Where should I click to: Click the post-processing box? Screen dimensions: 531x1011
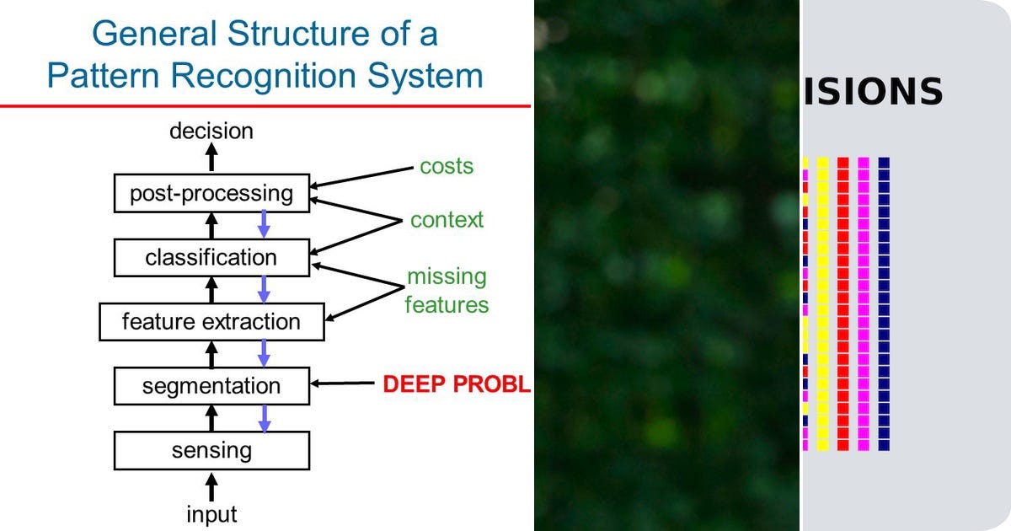pos(211,194)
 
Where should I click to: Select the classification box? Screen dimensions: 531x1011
pos(211,257)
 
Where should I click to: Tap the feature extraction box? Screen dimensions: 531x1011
pos(211,322)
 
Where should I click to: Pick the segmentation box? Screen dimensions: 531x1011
pos(211,386)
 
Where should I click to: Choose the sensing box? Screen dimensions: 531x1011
pos(211,450)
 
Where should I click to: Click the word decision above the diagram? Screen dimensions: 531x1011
pos(211,131)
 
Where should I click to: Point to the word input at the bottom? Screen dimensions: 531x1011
pos(211,513)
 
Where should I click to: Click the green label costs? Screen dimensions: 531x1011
pos(447,166)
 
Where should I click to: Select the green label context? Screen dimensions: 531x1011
pos(447,220)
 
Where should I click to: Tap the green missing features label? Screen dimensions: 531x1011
pos(447,291)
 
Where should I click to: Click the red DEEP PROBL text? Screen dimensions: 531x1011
pos(456,385)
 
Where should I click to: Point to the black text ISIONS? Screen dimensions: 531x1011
pos(873,91)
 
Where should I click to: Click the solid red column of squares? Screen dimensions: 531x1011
pos(842,303)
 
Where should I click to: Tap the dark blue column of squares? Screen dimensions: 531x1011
pos(884,303)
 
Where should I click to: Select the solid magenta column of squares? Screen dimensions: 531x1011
pos(863,303)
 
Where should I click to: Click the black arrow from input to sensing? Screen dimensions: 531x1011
pos(211,487)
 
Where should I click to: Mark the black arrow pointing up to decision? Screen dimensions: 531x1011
pos(211,158)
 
